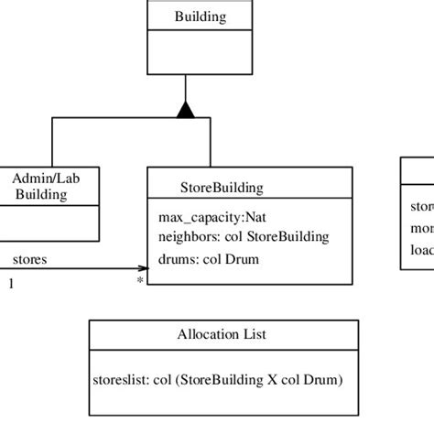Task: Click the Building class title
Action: click(201, 16)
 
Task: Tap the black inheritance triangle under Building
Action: click(186, 111)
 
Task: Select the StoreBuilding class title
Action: click(222, 188)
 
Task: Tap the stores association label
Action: click(30, 259)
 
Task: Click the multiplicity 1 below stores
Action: click(11, 283)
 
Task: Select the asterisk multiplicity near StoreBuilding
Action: click(139, 279)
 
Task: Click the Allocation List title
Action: click(222, 335)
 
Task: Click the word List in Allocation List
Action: click(253, 335)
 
